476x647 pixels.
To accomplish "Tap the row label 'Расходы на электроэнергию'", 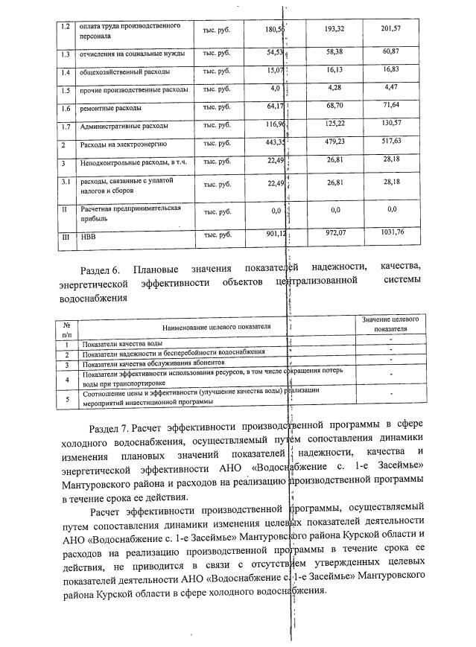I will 124,144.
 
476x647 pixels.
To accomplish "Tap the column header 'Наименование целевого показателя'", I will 213,325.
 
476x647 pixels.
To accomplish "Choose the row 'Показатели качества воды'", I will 123,343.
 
